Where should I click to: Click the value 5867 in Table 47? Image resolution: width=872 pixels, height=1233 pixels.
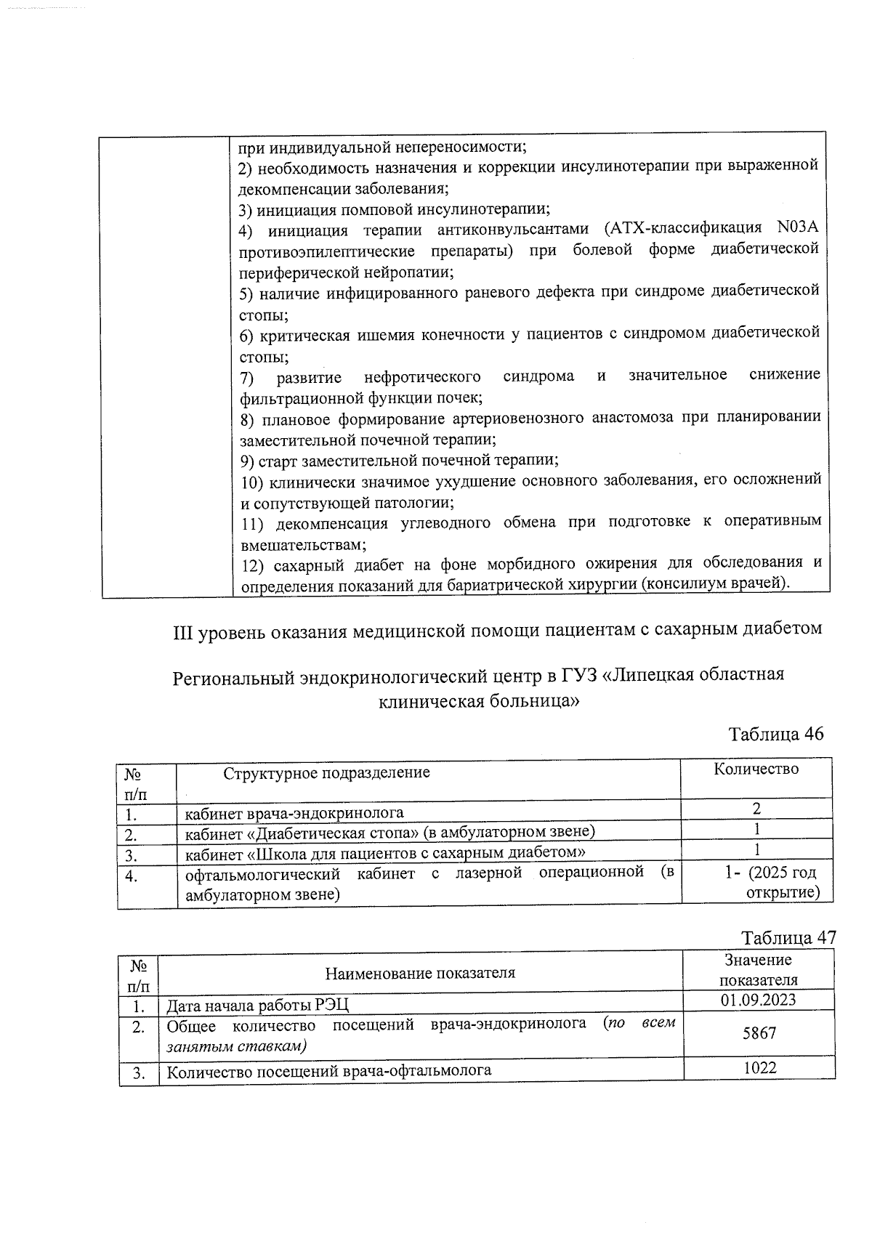[759, 1032]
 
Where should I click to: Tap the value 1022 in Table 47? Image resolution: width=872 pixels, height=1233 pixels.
[759, 1067]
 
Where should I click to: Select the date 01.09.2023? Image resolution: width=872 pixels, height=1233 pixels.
[758, 1000]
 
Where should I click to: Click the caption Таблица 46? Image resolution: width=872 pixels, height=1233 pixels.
[775, 734]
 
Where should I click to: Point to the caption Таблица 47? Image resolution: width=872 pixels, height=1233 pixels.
[788, 937]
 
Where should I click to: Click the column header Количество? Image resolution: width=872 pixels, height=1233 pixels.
[756, 769]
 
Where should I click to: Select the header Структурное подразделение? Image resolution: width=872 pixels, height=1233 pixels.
[326, 772]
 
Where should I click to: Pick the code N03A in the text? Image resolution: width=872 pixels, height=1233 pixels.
[797, 227]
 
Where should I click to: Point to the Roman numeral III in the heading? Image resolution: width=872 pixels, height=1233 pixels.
[181, 629]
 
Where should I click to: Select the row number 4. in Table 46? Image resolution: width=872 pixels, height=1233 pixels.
[132, 876]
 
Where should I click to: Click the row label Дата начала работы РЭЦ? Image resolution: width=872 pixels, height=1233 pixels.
[258, 1006]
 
